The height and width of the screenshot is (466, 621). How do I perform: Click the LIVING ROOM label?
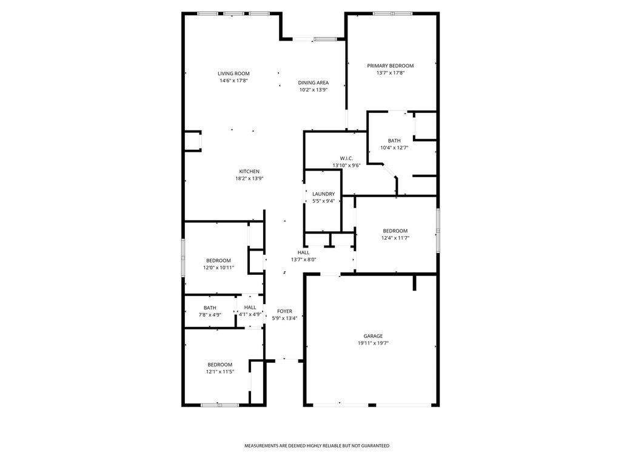click(233, 73)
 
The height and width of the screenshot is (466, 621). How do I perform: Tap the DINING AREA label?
click(314, 83)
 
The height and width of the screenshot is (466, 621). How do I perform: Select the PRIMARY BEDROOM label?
click(390, 66)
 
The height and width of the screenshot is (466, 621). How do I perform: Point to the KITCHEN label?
click(249, 172)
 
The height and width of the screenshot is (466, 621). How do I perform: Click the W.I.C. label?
click(346, 158)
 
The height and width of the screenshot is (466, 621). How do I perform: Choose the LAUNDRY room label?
click(324, 194)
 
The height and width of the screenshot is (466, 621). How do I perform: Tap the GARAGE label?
click(373, 336)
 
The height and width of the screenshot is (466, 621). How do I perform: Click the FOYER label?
click(285, 311)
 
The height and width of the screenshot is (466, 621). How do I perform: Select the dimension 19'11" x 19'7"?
click(373, 343)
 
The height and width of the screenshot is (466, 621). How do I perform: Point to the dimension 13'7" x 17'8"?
click(391, 73)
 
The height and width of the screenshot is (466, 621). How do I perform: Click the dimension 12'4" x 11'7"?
click(395, 238)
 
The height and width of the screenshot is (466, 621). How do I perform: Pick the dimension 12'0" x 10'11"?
click(218, 268)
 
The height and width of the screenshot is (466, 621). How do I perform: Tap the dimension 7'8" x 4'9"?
click(210, 315)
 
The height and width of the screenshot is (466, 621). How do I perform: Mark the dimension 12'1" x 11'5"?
click(220, 372)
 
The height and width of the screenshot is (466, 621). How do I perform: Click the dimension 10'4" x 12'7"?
click(394, 148)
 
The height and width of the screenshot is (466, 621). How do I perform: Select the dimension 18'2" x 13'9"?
click(249, 179)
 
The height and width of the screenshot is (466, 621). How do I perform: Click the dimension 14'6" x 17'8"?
click(233, 81)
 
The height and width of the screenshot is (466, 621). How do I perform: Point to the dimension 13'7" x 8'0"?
click(303, 260)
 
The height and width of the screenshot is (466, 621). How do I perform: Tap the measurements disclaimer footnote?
click(317, 446)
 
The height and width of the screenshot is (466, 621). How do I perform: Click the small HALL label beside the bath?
click(250, 308)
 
